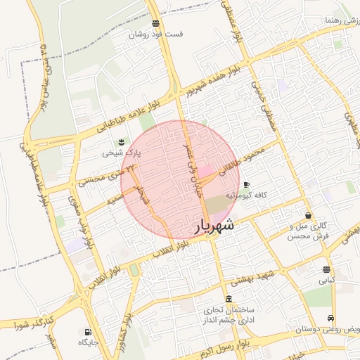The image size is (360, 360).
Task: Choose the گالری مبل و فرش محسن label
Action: coord(309,231)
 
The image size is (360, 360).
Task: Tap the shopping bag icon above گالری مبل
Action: coord(308,215)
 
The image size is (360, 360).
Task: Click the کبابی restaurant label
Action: coord(327,279)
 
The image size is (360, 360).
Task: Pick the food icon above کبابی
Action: coord(326,269)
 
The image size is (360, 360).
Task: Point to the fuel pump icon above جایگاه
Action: coord(87,332)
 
